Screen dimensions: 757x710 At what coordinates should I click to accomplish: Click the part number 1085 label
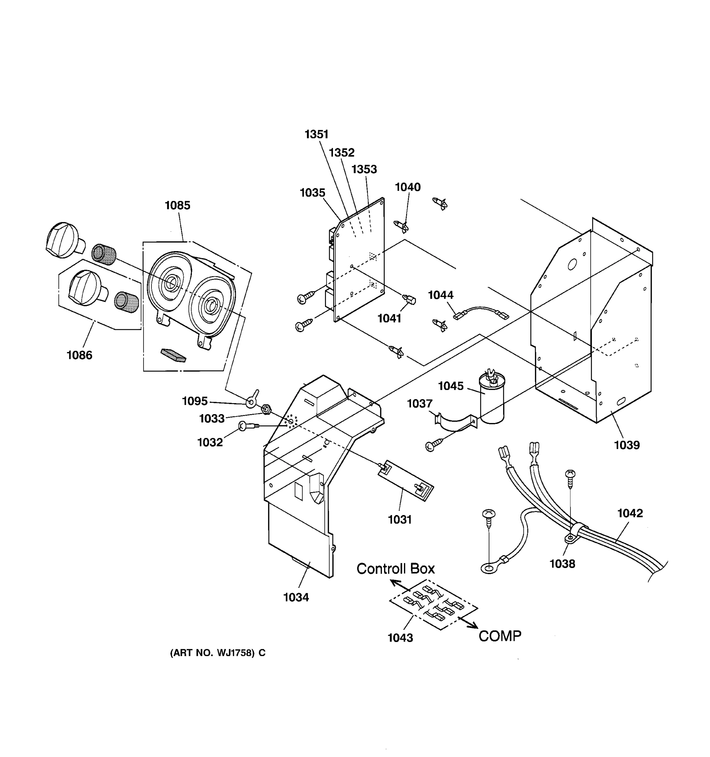(177, 206)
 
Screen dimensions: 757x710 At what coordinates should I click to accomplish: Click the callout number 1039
(627, 445)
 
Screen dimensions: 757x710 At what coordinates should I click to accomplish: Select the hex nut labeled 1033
(267, 410)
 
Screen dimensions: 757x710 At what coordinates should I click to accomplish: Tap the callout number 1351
(316, 134)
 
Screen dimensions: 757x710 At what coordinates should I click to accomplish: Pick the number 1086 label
(79, 355)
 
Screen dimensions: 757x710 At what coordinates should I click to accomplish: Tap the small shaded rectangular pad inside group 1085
(173, 355)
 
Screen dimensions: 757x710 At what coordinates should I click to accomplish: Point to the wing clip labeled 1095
(252, 400)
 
